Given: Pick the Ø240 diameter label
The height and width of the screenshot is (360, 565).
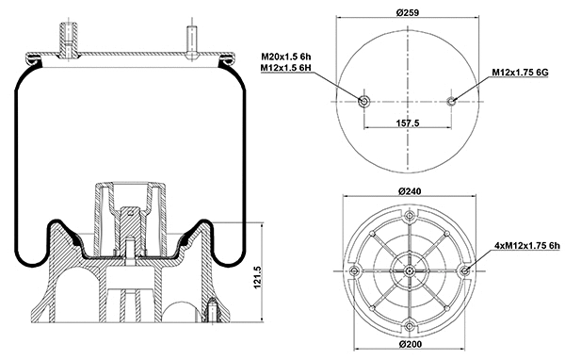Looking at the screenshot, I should click(409, 192).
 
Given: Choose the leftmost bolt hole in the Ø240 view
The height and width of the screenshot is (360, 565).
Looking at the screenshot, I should click(352, 272).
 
